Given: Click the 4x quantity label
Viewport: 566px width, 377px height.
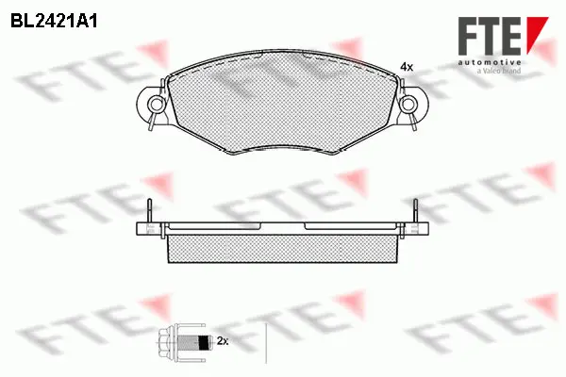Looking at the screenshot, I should click(407, 67).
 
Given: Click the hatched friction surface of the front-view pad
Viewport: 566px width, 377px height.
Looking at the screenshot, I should click(283, 104).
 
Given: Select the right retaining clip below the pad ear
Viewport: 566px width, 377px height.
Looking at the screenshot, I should click(414, 120).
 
